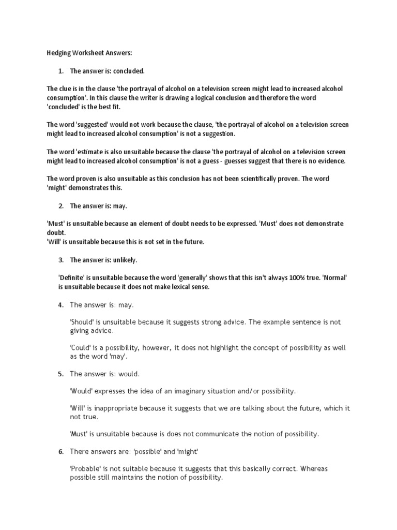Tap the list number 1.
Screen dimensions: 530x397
click(x=60, y=70)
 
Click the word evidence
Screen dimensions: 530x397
click(x=328, y=160)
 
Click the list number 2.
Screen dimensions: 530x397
click(x=60, y=205)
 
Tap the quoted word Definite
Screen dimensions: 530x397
click(x=73, y=277)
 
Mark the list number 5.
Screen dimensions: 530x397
click(x=60, y=373)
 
